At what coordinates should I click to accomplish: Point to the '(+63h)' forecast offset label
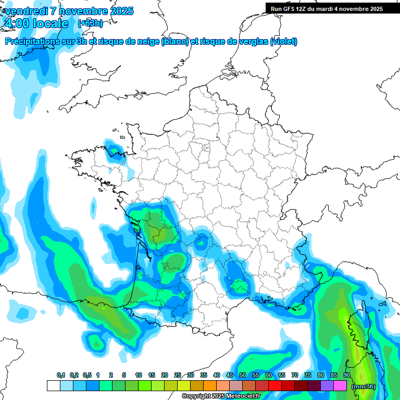(90, 23)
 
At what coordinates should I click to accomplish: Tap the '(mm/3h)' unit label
(363, 386)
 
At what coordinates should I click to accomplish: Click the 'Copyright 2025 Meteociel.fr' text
(221, 396)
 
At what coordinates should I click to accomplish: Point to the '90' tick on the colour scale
(347, 376)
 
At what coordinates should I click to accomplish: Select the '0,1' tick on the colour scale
(60, 376)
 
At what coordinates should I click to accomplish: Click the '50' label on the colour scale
(243, 376)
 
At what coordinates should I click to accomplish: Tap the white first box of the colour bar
(53, 386)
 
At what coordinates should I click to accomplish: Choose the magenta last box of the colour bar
(340, 386)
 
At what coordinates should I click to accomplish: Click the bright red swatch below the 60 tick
(274, 386)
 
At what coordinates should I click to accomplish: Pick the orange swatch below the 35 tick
(209, 386)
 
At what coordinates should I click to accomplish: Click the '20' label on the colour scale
(165, 376)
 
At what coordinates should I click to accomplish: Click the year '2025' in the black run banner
(373, 9)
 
